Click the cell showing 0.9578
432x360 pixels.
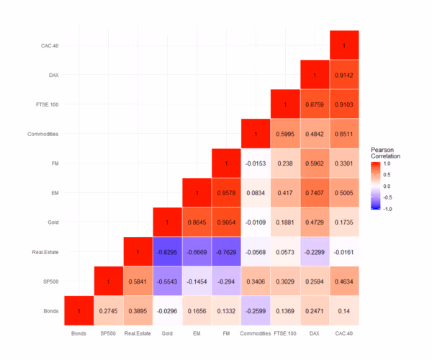pos(227,193)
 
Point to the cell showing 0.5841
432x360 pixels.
pos(138,282)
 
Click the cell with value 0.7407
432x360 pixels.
pos(315,193)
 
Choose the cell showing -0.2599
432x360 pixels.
pos(256,311)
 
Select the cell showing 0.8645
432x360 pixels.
pos(197,222)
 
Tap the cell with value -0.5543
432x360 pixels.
pos(168,282)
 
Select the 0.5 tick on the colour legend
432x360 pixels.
pos(387,174)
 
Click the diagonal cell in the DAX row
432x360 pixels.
pos(315,75)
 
